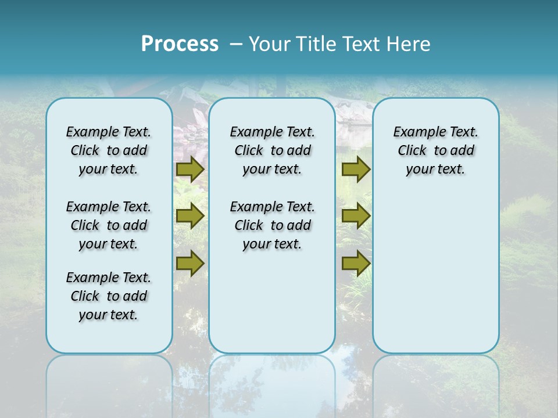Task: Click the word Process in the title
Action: (x=180, y=44)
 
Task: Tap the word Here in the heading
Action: (x=408, y=44)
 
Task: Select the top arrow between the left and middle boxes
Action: (x=189, y=169)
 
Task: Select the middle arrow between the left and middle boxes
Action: (x=189, y=216)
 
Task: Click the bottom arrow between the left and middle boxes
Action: (x=189, y=264)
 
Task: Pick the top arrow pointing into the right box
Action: (x=356, y=169)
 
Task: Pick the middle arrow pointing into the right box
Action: (x=356, y=216)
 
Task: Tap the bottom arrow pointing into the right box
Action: (x=356, y=264)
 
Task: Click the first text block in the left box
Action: (x=109, y=150)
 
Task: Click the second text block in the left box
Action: (x=109, y=225)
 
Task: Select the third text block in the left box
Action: (x=109, y=296)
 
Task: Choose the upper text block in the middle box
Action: (x=272, y=150)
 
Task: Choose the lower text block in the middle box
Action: (x=272, y=225)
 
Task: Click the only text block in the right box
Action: (x=435, y=150)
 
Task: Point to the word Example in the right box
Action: (x=413, y=132)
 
